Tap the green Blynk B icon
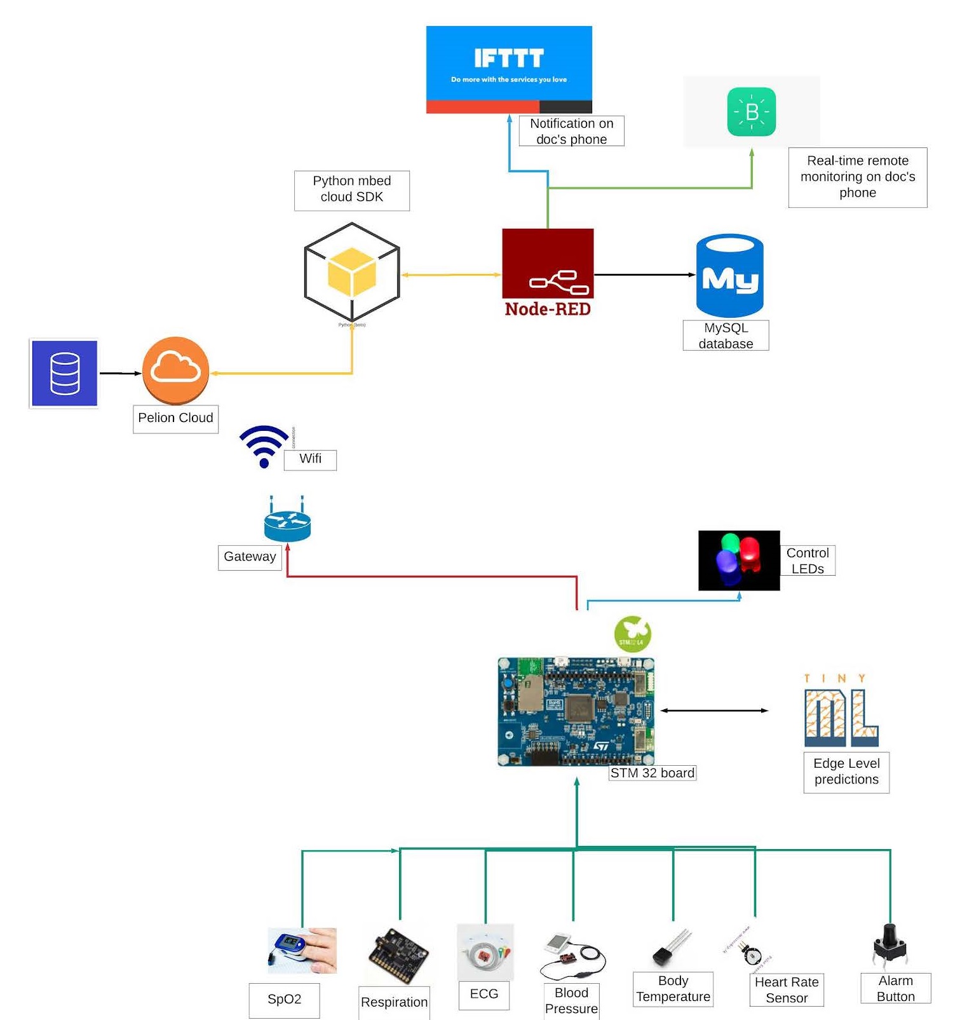click(751, 112)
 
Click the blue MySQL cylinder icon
click(729, 276)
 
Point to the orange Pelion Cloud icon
click(175, 370)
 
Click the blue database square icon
click(64, 373)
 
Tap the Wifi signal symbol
click(264, 445)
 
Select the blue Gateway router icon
click(287, 523)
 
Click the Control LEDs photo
click(738, 561)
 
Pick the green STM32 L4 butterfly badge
click(632, 634)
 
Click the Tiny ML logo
click(841, 712)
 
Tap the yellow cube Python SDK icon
click(352, 273)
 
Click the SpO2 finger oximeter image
click(302, 951)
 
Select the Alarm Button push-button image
click(890, 945)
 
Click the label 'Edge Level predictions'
click(846, 772)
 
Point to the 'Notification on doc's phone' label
click(571, 131)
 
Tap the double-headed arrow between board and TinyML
click(714, 711)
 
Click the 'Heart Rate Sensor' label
click(786, 989)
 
